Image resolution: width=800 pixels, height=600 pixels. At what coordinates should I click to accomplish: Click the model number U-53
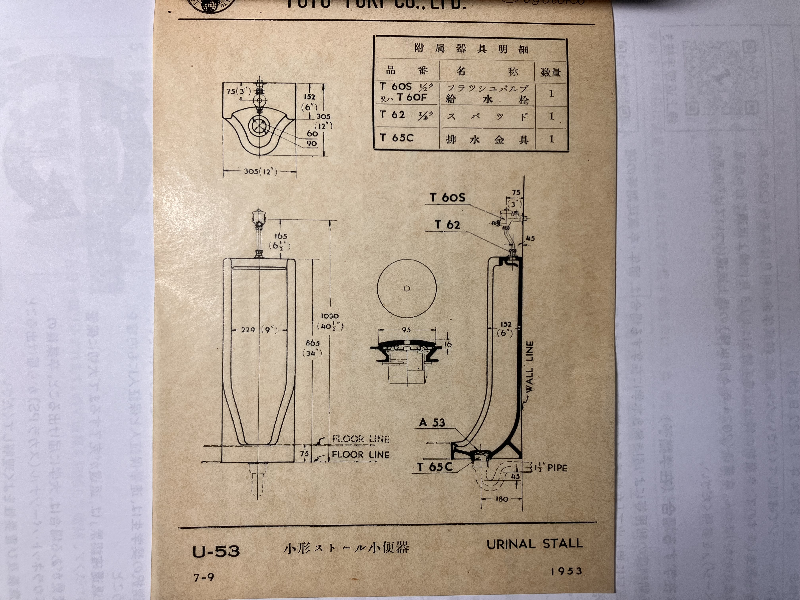(216, 551)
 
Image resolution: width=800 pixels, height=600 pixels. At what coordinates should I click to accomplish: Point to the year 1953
(566, 571)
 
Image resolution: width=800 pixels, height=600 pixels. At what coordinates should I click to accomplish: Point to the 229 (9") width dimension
(259, 330)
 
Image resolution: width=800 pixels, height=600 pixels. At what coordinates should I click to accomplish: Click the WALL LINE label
(529, 366)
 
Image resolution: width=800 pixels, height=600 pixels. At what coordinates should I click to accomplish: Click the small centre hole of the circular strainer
(407, 289)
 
